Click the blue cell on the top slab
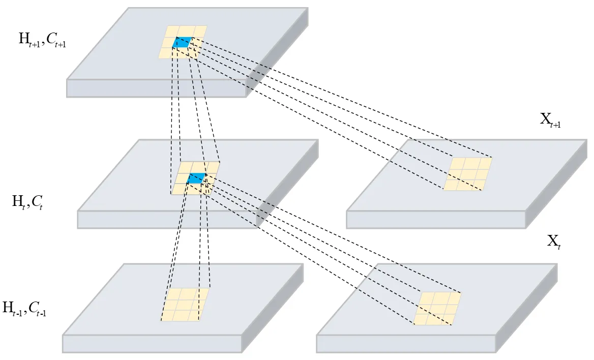pyautogui.click(x=183, y=43)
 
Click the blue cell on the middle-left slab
pyautogui.click(x=196, y=178)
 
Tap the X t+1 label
pyautogui.click(x=550, y=121)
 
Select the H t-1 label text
pyautogui.click(x=14, y=308)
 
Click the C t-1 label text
pyautogui.click(x=37, y=308)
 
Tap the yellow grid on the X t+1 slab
pyautogui.click(x=467, y=174)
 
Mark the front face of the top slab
pyautogui.click(x=156, y=88)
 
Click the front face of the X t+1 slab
pyautogui.click(x=435, y=220)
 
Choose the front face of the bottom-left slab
pyautogui.click(x=152, y=344)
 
